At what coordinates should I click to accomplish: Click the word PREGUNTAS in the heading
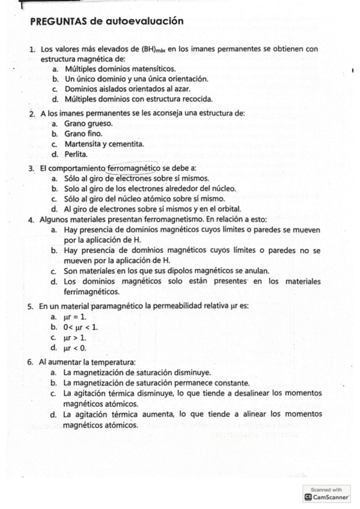click(x=56, y=22)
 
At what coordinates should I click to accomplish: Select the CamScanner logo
click(x=328, y=498)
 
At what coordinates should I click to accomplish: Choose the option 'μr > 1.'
click(x=75, y=337)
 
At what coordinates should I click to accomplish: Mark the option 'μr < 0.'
click(x=75, y=348)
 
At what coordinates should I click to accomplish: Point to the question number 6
click(x=30, y=363)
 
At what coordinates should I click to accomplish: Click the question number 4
click(x=30, y=220)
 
